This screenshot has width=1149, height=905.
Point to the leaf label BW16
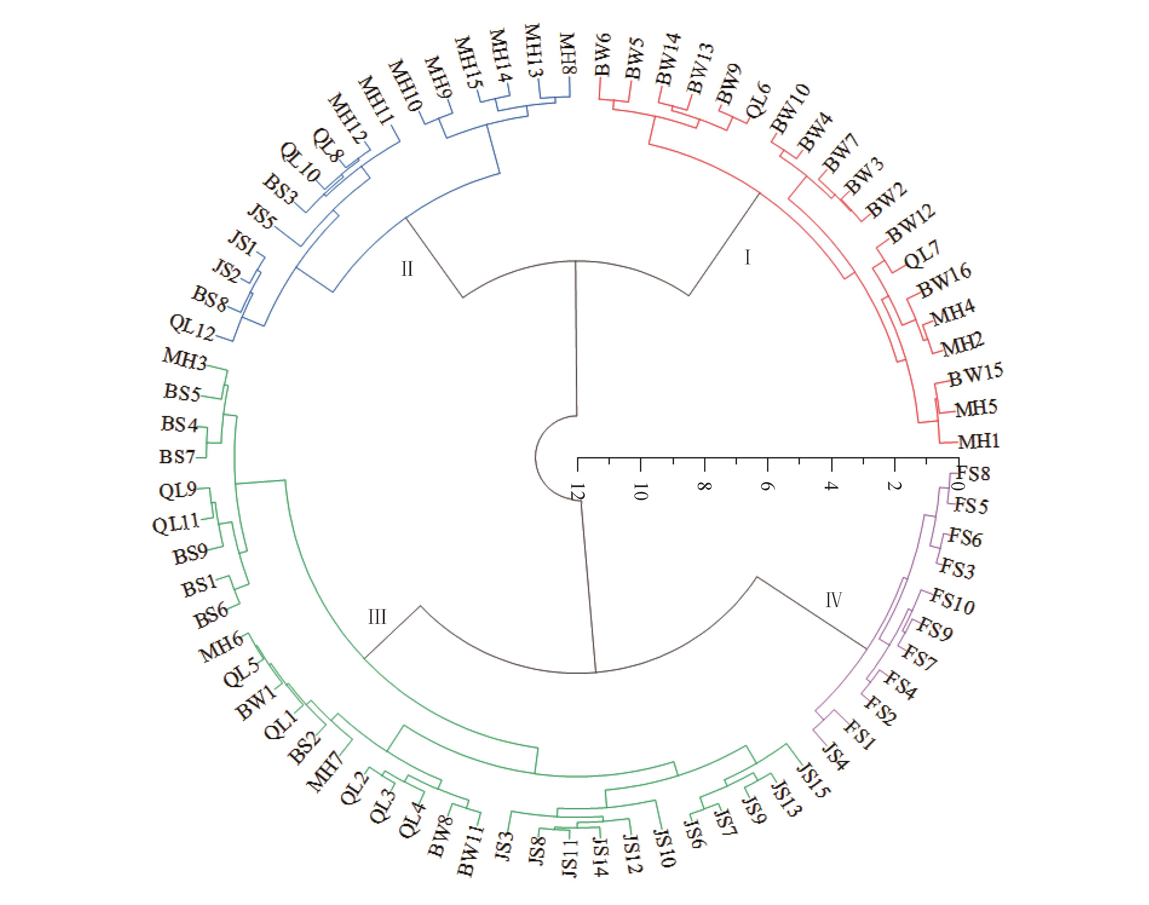click(944, 280)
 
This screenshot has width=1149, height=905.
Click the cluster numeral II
click(406, 269)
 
